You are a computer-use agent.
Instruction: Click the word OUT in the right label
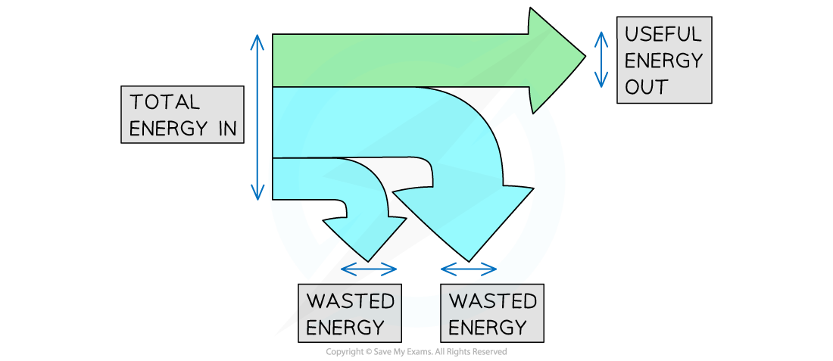point(646,86)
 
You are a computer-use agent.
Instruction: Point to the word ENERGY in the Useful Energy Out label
point(663,61)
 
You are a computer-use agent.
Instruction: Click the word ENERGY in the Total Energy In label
point(167,128)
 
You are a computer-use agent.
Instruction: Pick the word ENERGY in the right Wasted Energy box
point(487,327)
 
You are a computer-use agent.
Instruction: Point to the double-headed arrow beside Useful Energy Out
point(602,58)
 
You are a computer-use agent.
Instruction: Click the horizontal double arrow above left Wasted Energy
point(369,268)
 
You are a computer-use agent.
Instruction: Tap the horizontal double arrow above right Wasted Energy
point(469,268)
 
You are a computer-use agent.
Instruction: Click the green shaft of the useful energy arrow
point(401,60)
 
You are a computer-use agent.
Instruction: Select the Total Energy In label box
point(183,114)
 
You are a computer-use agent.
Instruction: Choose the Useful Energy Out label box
point(664,61)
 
